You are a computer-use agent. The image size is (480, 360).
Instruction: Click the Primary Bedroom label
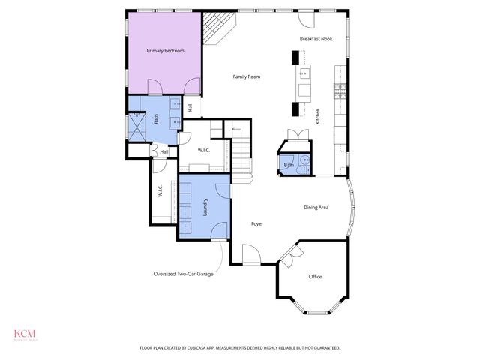(x=165, y=50)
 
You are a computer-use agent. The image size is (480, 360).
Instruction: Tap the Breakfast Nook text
(x=316, y=38)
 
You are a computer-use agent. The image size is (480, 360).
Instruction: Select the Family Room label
(x=246, y=76)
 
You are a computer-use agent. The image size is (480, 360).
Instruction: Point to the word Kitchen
(x=318, y=116)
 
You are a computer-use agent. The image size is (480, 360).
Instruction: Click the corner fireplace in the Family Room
(x=220, y=28)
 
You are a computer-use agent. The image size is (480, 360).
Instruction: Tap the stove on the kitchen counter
(x=340, y=91)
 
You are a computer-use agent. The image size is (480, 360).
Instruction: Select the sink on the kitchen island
(x=304, y=74)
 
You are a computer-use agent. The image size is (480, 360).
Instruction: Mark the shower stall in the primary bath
(x=138, y=124)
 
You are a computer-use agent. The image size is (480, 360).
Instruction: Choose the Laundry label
(x=205, y=206)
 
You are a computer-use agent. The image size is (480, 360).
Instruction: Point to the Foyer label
(x=256, y=223)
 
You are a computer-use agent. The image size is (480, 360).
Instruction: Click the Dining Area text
(x=316, y=207)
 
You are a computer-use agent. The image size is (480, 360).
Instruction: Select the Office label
(x=315, y=277)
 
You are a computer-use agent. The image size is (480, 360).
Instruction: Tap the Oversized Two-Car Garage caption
(x=184, y=274)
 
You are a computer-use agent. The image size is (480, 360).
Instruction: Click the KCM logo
(x=25, y=334)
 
